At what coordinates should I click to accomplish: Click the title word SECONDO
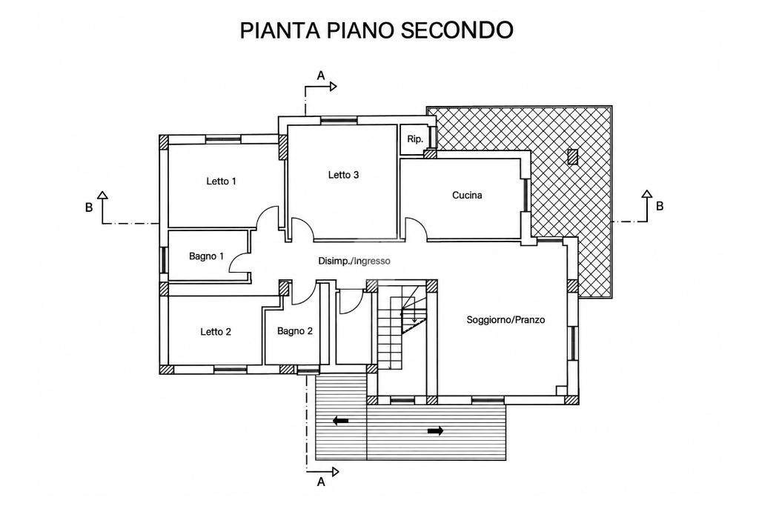point(457,30)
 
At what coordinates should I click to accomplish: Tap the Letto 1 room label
point(221,182)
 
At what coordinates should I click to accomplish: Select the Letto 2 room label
point(216,332)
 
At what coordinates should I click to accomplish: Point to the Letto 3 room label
point(343,175)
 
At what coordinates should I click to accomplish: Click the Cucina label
point(467,196)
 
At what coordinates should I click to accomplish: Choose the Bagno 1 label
point(206,256)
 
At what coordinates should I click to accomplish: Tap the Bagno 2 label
point(295,331)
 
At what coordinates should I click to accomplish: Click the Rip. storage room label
point(415,139)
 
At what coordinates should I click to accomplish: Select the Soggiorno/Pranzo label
point(506,320)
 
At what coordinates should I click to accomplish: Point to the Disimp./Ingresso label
point(354,262)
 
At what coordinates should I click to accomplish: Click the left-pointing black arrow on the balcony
point(341,421)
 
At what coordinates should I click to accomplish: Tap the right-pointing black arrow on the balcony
point(435,430)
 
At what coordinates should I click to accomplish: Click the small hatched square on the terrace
point(573,157)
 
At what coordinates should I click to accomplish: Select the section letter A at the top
point(320,76)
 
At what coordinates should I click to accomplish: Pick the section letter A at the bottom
point(320,482)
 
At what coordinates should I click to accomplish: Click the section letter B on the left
point(89,207)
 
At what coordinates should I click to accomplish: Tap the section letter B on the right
point(660,206)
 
